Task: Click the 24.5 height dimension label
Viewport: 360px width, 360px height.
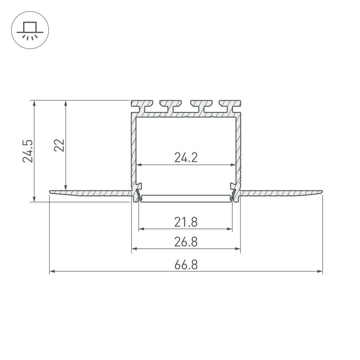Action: click(x=28, y=151)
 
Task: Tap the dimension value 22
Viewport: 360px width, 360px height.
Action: click(x=59, y=146)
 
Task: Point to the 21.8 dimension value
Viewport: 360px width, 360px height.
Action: click(x=186, y=222)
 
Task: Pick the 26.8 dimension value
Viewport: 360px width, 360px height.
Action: click(x=186, y=242)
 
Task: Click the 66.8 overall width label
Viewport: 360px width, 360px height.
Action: click(x=186, y=265)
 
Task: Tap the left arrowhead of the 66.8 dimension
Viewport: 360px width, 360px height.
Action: click(x=52, y=272)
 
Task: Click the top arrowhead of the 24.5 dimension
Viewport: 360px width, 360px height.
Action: click(x=35, y=103)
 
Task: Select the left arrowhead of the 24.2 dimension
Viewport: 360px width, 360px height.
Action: click(x=139, y=165)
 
